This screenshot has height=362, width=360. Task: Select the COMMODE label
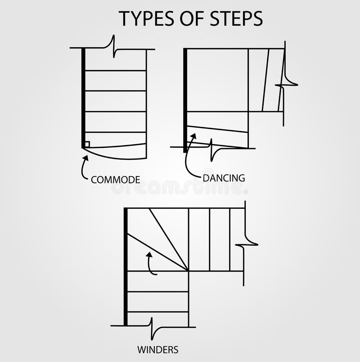tap(115, 180)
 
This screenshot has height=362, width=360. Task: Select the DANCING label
tap(224, 178)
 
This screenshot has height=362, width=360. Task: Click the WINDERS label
tap(157, 349)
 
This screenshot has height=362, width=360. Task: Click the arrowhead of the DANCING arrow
tap(194, 136)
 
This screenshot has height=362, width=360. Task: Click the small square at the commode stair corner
tap(87, 144)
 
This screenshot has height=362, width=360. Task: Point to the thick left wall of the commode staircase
tap(83, 97)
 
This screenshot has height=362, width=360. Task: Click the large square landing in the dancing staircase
tap(217, 80)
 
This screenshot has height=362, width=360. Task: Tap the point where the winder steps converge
tap(188, 271)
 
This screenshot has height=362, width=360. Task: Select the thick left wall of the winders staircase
tap(126, 266)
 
